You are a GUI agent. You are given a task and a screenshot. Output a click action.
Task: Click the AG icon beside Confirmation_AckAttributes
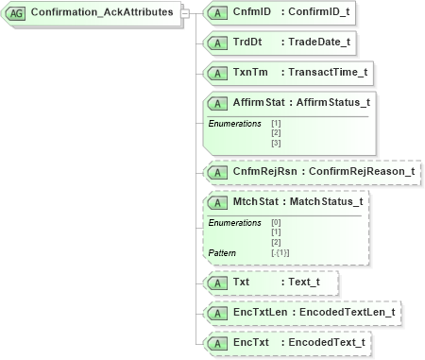point(16,12)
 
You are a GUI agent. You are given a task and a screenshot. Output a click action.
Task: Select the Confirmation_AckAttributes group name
point(101,12)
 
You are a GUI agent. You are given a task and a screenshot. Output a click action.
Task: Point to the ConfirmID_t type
point(320,11)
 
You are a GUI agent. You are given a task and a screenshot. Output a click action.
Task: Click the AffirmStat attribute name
point(262,102)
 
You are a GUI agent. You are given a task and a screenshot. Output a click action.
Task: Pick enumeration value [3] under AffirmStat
point(276,143)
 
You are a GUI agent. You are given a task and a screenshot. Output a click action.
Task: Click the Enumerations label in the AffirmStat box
point(234,124)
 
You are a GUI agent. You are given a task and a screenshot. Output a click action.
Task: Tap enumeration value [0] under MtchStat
point(276,222)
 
